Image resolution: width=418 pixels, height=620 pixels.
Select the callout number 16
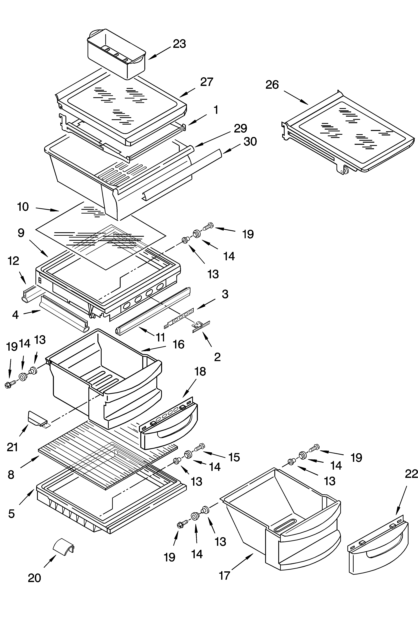click(x=178, y=344)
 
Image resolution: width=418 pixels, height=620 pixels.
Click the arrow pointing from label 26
click(x=296, y=97)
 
